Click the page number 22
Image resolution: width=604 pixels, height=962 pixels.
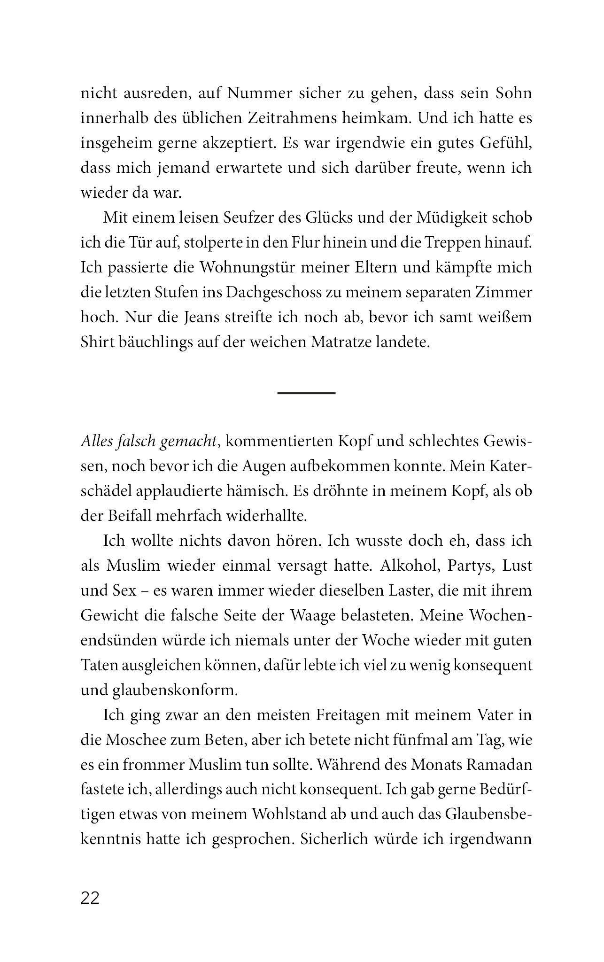[x=91, y=899]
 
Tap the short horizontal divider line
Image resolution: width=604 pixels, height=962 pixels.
[x=306, y=392]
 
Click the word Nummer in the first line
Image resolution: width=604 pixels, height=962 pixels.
[x=262, y=93]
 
